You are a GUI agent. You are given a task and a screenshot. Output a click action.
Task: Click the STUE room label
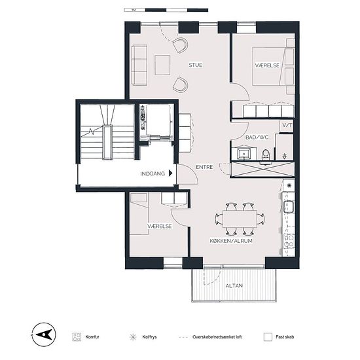pyautogui.click(x=196, y=65)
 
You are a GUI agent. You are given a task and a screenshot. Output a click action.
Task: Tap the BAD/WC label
pyautogui.click(x=257, y=137)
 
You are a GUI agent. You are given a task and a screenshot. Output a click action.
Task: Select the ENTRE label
pyautogui.click(x=204, y=167)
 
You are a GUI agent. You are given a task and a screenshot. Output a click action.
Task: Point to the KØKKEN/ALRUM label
pyautogui.click(x=231, y=241)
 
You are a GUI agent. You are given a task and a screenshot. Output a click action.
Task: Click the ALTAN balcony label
pyautogui.click(x=234, y=285)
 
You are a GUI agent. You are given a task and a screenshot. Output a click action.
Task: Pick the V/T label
pyautogui.click(x=287, y=125)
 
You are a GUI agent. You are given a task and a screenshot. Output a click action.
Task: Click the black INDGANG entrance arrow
pyautogui.click(x=170, y=173)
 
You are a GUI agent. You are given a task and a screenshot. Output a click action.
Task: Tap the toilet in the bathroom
pyautogui.click(x=266, y=156)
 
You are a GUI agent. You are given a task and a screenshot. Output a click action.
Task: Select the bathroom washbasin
pyautogui.click(x=243, y=153)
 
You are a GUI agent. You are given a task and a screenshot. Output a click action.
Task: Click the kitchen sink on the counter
pyautogui.click(x=289, y=207)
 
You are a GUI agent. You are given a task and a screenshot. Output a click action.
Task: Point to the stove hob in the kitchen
pyautogui.click(x=289, y=241)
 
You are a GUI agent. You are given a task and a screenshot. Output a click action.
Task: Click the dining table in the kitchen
pyautogui.click(x=240, y=219)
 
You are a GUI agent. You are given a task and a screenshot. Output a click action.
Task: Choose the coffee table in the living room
pyautogui.click(x=162, y=65)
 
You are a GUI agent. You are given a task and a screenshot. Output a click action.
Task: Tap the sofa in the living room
pyautogui.click(x=139, y=65)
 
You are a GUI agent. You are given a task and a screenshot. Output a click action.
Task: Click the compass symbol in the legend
pyautogui.click(x=44, y=334)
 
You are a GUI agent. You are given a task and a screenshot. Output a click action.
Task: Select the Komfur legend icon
pyautogui.click(x=77, y=337)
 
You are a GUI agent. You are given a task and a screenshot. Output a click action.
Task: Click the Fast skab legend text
pyautogui.click(x=285, y=337)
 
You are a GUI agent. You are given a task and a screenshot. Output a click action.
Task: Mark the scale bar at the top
pyautogui.click(x=166, y=10)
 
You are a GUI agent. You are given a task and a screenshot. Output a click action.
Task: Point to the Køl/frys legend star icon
pyautogui.click(x=132, y=337)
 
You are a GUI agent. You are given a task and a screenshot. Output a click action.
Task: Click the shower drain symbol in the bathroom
pyautogui.click(x=285, y=156)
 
